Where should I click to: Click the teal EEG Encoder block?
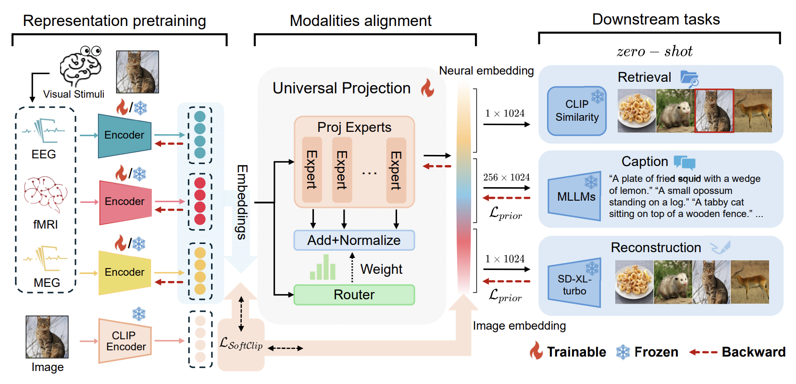124,136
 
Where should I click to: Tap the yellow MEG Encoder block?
124,273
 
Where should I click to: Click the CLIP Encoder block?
125,341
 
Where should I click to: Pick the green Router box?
354,294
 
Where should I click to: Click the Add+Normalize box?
354,240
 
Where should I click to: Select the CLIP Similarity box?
577,111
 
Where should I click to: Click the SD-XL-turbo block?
574,282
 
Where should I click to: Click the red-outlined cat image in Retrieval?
714,111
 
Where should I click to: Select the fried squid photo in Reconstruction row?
634,282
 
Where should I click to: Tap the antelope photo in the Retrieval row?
753,111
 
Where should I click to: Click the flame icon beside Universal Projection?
427,88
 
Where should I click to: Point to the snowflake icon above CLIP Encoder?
139,314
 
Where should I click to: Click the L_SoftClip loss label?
241,344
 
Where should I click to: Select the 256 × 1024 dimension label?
506,177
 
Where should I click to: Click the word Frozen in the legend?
656,352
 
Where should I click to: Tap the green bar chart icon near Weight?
323,267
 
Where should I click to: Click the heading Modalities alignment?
361,21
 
